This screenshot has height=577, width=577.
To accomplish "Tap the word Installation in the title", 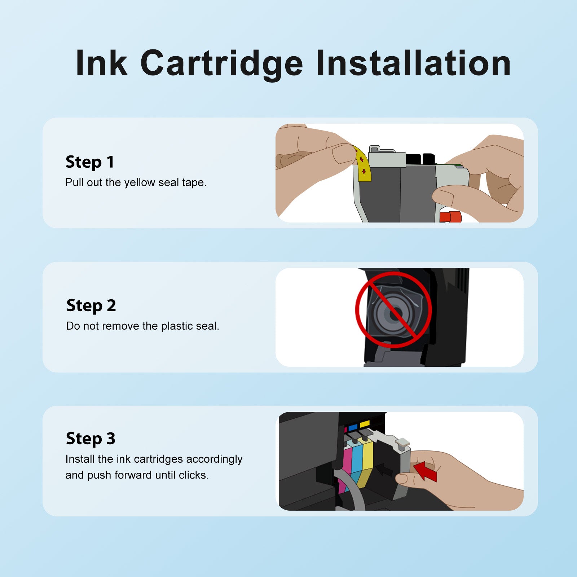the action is coord(414,63).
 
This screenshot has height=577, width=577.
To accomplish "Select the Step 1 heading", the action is coord(90,162).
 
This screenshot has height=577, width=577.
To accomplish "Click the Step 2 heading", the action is coord(91,306).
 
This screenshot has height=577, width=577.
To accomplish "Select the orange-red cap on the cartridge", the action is coord(450,217).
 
